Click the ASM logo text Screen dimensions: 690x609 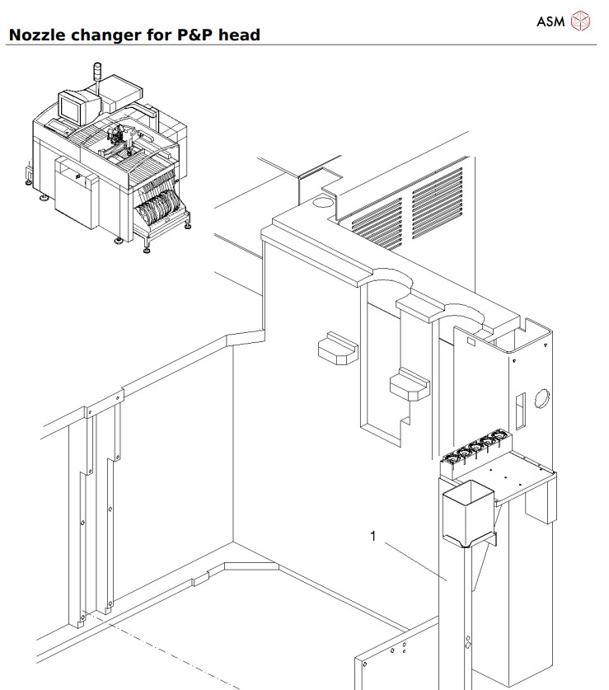pyautogui.click(x=550, y=21)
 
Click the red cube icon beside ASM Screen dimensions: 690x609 pyautogui.click(x=581, y=21)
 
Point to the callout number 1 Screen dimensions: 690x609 pyautogui.click(x=372, y=537)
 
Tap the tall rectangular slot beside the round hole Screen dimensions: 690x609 pyautogui.click(x=519, y=407)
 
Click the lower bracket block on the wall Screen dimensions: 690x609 pyautogui.click(x=409, y=384)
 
